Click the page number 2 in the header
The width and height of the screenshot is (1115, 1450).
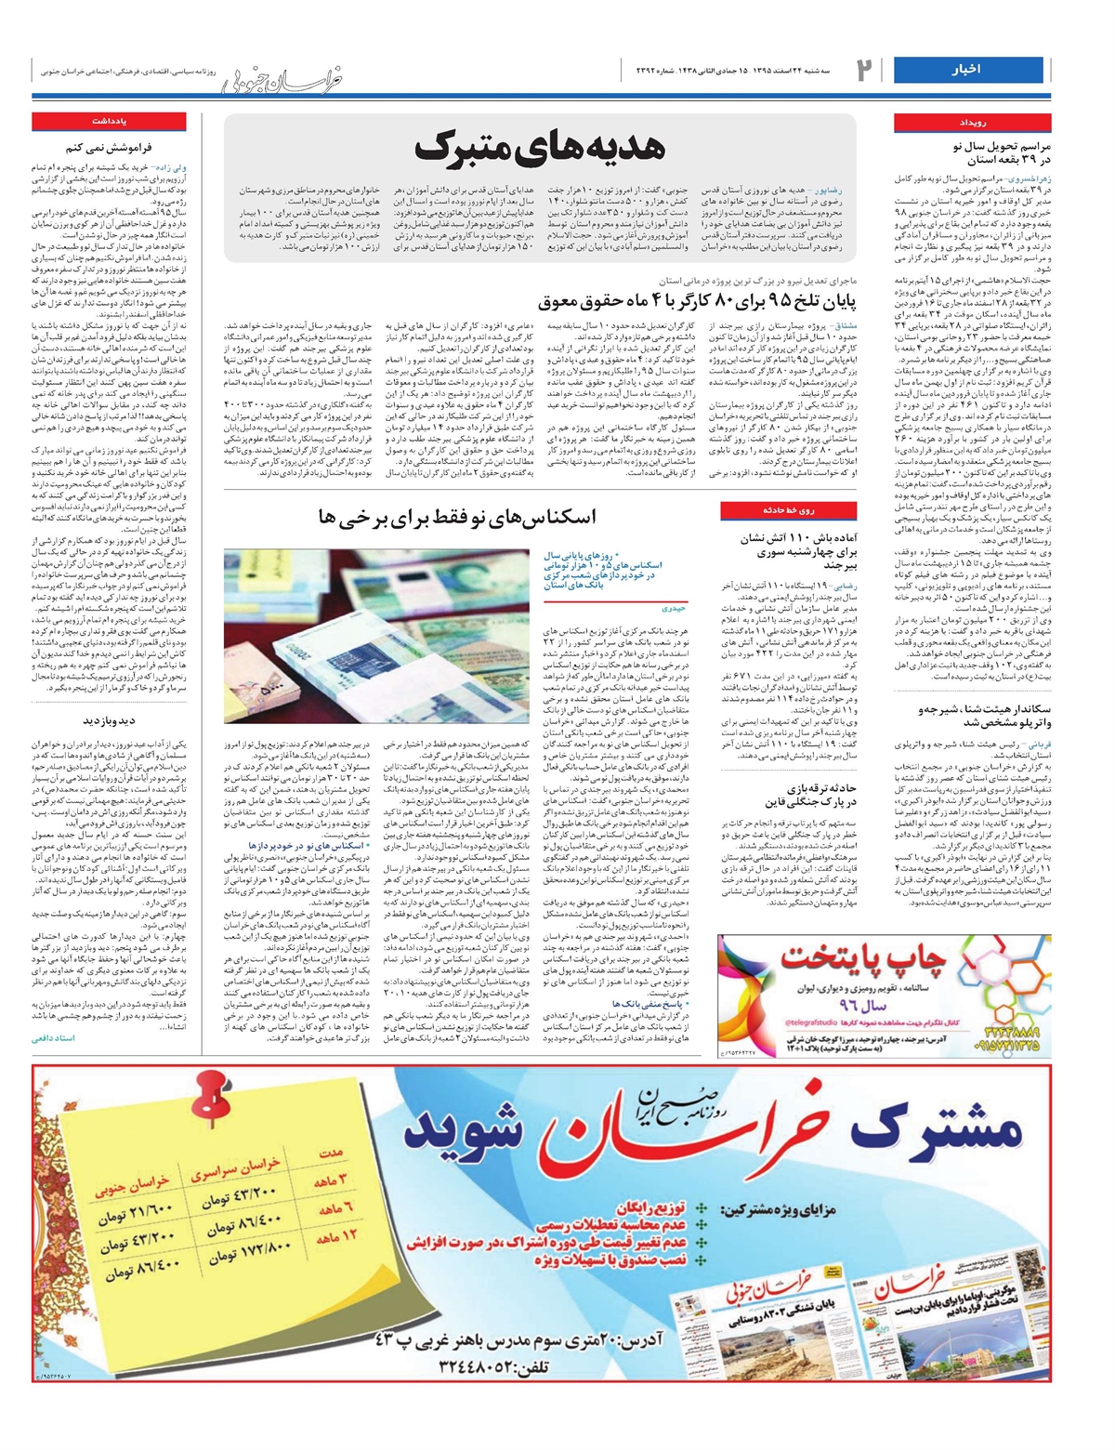click(x=865, y=70)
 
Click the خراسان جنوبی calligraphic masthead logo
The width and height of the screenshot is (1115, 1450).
click(x=283, y=81)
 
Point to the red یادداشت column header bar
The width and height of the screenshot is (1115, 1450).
click(x=110, y=122)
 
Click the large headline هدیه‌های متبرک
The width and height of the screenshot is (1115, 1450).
click(x=540, y=148)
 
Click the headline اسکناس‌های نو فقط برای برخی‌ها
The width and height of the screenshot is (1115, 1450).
click(x=457, y=517)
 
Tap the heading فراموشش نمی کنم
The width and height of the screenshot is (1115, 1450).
click(x=109, y=147)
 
